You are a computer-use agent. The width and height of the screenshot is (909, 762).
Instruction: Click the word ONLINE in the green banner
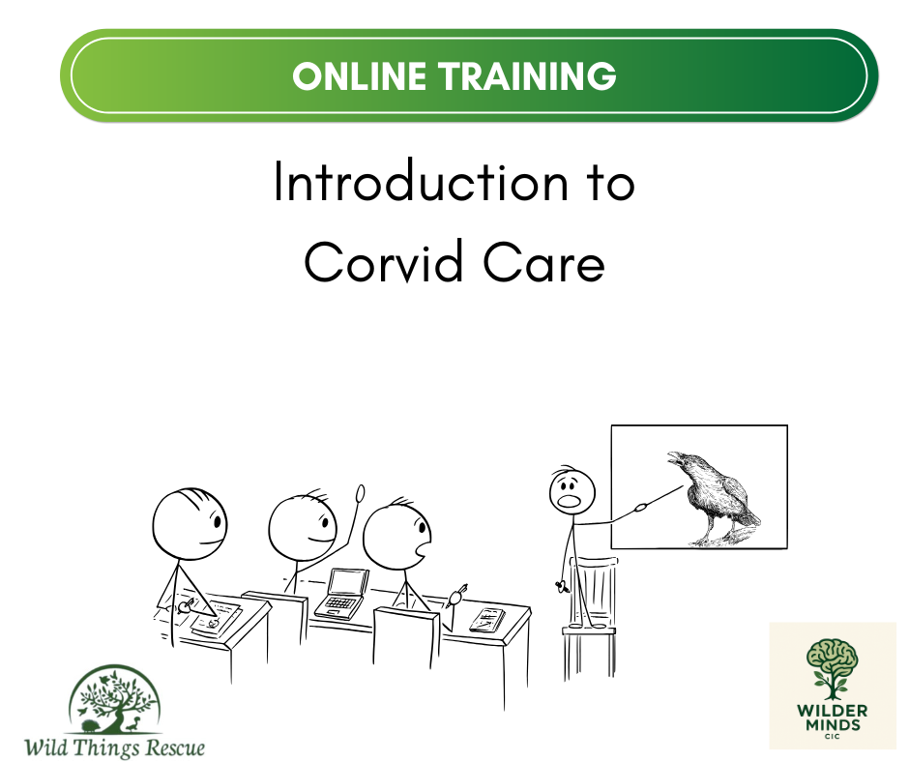pos(359,76)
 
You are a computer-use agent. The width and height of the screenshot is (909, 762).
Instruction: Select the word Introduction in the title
pos(421,182)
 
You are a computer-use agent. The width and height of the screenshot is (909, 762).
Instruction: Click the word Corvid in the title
pos(384,261)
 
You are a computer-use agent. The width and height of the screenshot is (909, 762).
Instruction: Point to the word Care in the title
pos(543,263)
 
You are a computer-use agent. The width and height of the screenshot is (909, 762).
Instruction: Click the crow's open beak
pos(676,457)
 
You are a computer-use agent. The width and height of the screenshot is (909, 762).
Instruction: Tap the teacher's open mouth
pos(569,500)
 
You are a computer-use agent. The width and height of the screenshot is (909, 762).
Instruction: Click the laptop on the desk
pos(342,594)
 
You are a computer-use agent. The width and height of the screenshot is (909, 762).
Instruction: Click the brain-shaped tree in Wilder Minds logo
pos(832,668)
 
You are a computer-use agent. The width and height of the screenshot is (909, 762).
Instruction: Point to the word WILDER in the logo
pos(832,711)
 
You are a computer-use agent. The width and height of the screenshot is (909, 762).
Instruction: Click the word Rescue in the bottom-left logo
pos(175,747)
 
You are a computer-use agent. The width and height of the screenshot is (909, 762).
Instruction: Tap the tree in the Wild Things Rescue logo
pos(114,700)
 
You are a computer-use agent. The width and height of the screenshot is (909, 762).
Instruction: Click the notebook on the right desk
pos(487,619)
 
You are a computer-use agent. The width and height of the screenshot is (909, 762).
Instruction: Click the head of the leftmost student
pos(190,524)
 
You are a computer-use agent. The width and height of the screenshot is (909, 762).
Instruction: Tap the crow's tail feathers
pos(750,516)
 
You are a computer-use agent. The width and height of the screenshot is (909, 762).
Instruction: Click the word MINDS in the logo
pos(833,725)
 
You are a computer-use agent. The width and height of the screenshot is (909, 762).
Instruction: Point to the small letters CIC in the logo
pos(832,737)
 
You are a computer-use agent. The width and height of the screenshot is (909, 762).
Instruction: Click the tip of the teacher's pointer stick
pos(684,486)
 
